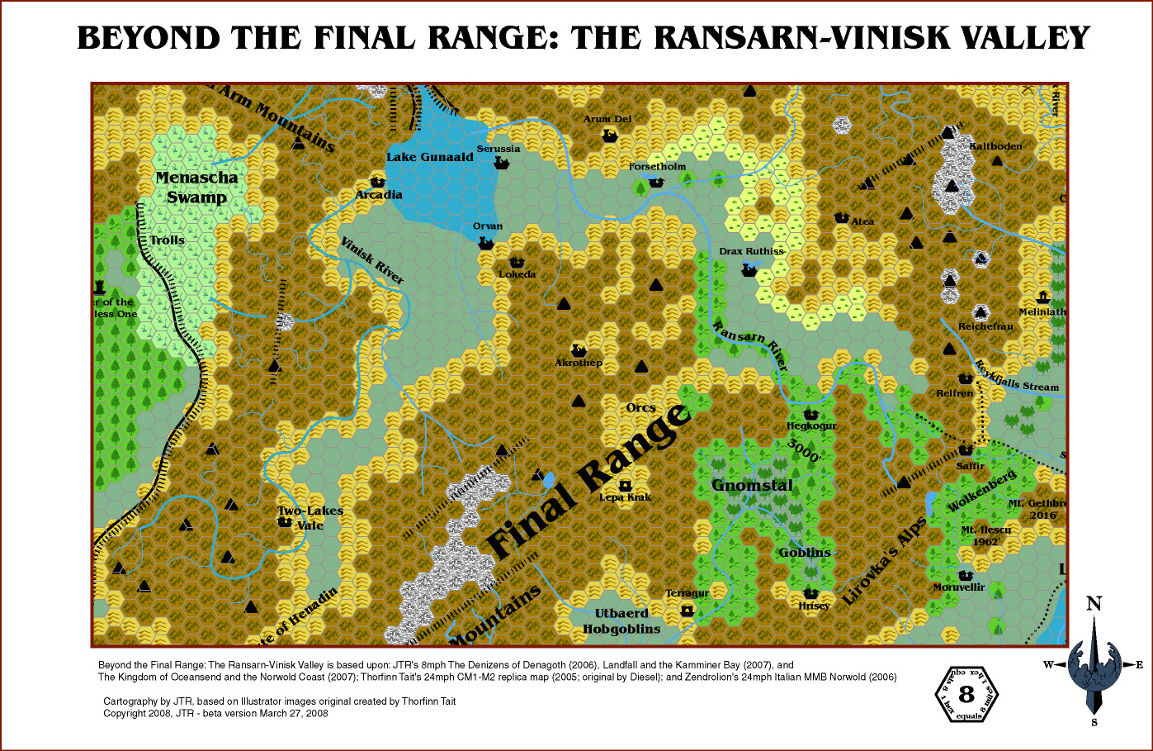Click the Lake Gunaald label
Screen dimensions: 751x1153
pos(430,157)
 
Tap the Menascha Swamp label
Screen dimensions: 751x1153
pos(196,187)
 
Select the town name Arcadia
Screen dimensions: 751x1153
pos(379,195)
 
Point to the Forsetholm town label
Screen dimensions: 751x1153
pos(657,166)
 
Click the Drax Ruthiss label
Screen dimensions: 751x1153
pos(751,251)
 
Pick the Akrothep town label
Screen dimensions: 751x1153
pos(579,363)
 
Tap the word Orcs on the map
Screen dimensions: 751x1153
pos(640,407)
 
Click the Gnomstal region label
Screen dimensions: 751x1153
pos(752,485)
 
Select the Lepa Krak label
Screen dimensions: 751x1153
pos(625,497)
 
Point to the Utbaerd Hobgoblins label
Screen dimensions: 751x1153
pos(621,621)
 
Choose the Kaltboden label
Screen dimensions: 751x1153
pos(995,146)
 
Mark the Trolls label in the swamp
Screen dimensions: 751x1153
pos(168,240)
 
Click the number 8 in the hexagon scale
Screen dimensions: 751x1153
pos(966,696)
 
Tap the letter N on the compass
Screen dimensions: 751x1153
pos(1094,604)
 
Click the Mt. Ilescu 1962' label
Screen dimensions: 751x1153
pos(985,535)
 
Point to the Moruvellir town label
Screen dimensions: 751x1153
pos(959,587)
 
